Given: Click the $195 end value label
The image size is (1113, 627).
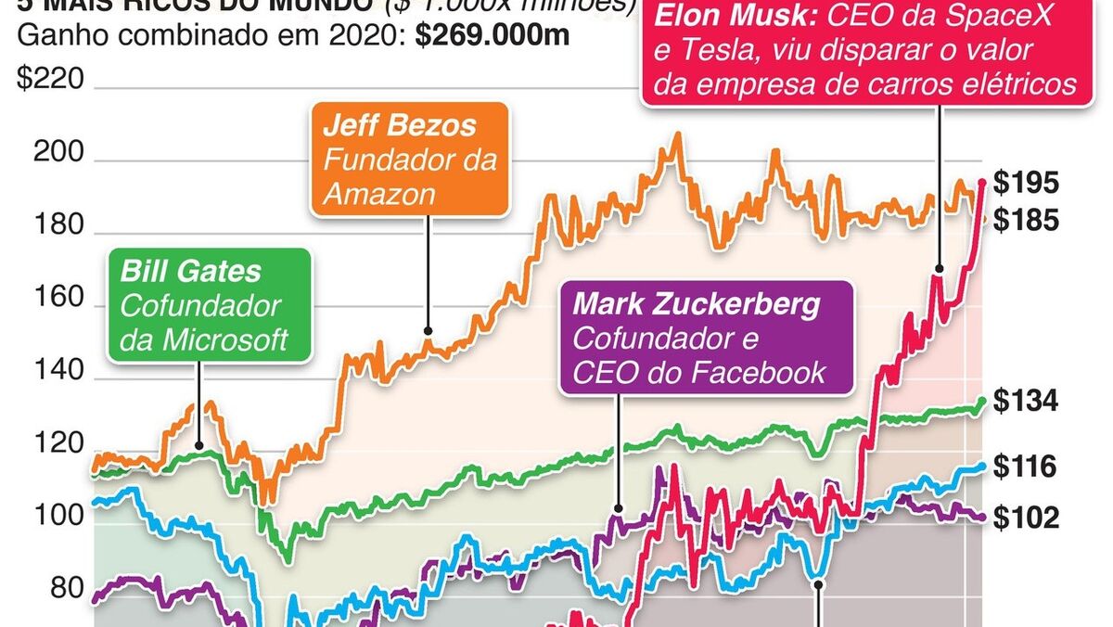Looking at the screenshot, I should tap(1025, 184).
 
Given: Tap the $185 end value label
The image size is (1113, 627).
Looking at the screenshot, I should tap(1025, 221).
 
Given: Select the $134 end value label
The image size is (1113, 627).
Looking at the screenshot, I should tap(1025, 402).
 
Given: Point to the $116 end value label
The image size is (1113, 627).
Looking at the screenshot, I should tap(1025, 467).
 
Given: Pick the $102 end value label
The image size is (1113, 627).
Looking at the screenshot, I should tap(1025, 518).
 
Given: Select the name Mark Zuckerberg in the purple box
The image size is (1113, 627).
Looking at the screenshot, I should tap(698, 304).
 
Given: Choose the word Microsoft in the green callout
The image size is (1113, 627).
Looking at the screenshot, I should tap(225, 339).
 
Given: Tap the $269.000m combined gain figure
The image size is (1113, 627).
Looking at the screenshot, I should tap(493, 37).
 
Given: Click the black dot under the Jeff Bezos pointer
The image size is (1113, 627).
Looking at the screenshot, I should tap(428, 330).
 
